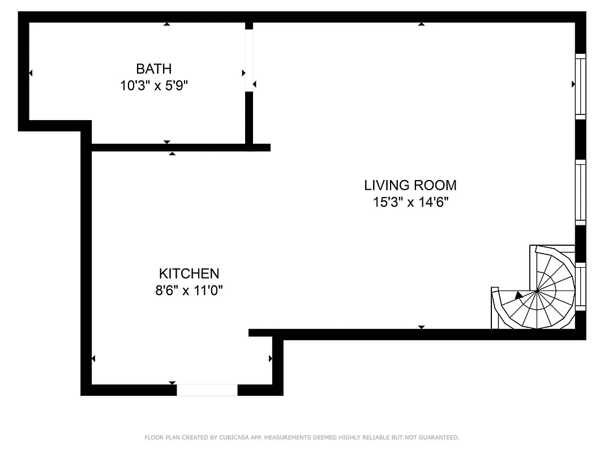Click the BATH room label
click(153, 69)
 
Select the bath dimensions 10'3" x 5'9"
click(153, 86)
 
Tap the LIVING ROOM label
click(410, 185)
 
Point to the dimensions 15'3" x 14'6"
click(410, 202)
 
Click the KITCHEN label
click(189, 273)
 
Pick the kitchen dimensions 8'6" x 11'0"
click(189, 290)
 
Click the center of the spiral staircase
click(536, 292)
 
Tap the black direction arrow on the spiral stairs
click(519, 294)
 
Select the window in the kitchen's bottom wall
click(207, 390)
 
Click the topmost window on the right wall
click(580, 86)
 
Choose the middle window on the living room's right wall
click(580, 193)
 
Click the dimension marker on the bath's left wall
click(30, 73)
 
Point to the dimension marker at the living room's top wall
click(421, 24)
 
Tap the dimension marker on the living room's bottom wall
click(421, 327)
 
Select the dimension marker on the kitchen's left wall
click(93, 358)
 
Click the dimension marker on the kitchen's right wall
click(271, 358)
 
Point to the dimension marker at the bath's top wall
click(166, 24)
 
